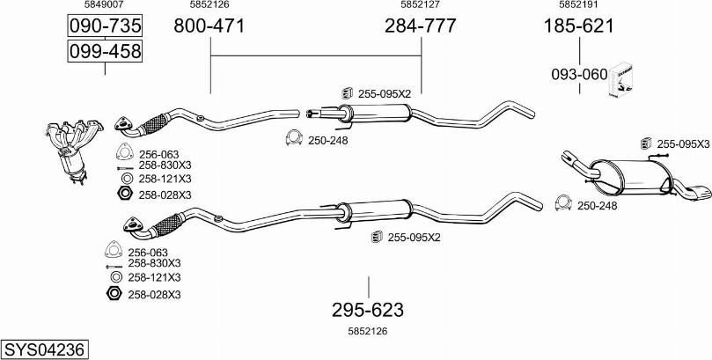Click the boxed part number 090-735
[105, 26]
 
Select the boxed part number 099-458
[105, 53]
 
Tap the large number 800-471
[209, 26]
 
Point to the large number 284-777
[420, 26]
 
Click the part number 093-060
[578, 75]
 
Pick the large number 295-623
[367, 310]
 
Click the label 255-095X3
[682, 143]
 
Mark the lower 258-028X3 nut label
[153, 294]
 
